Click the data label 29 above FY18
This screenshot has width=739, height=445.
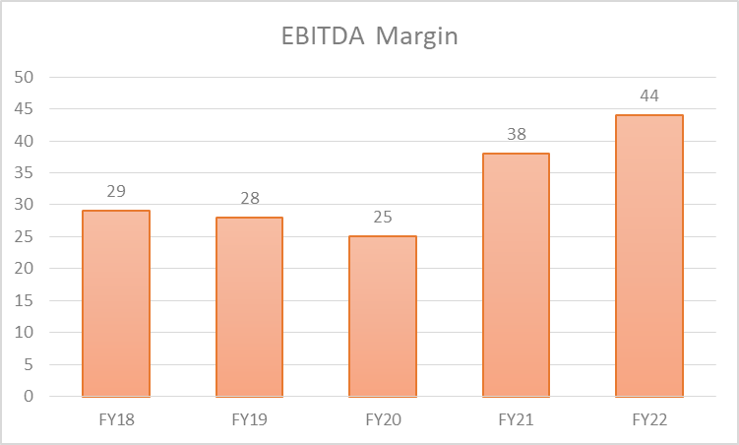(116, 191)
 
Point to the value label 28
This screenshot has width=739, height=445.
(250, 198)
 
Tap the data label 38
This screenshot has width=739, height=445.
(516, 134)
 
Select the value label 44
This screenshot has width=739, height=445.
(649, 95)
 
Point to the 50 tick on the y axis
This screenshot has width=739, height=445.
(24, 77)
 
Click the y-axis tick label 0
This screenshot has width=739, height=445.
(29, 397)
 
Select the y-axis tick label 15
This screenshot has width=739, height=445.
(24, 300)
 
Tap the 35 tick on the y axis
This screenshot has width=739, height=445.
(24, 172)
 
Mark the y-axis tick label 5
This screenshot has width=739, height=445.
(29, 364)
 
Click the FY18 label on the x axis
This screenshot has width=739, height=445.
(116, 419)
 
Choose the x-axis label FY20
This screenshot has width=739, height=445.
(383, 419)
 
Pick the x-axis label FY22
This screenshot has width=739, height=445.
(649, 419)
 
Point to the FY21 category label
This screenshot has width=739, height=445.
(516, 419)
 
